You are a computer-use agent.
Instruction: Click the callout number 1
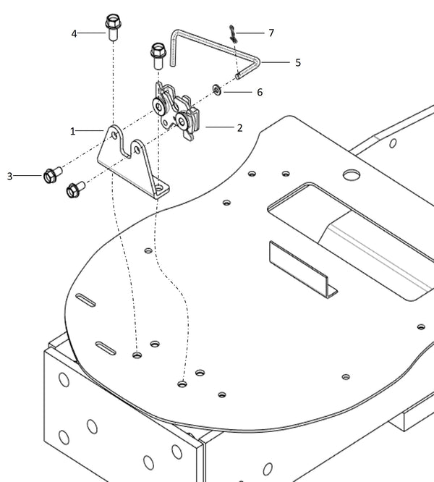(72, 131)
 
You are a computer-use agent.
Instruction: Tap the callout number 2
(239, 127)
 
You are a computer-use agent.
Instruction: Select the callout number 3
(10, 176)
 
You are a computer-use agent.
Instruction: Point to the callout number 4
(74, 33)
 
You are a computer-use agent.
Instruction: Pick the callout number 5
(297, 63)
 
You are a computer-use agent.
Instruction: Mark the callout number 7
(271, 33)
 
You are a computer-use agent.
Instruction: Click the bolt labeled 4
(113, 28)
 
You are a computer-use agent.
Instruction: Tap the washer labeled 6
(216, 90)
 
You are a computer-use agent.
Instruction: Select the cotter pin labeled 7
(232, 33)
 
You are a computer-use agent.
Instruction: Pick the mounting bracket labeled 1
(135, 163)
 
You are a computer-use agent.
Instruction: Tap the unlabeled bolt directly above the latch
(158, 56)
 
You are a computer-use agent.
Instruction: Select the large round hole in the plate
(352, 174)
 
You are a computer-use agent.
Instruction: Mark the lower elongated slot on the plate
(106, 349)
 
